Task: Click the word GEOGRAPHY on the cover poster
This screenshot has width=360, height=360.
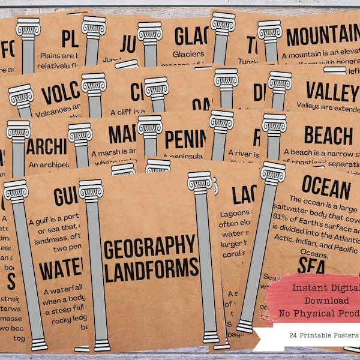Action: click(x=151, y=247)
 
